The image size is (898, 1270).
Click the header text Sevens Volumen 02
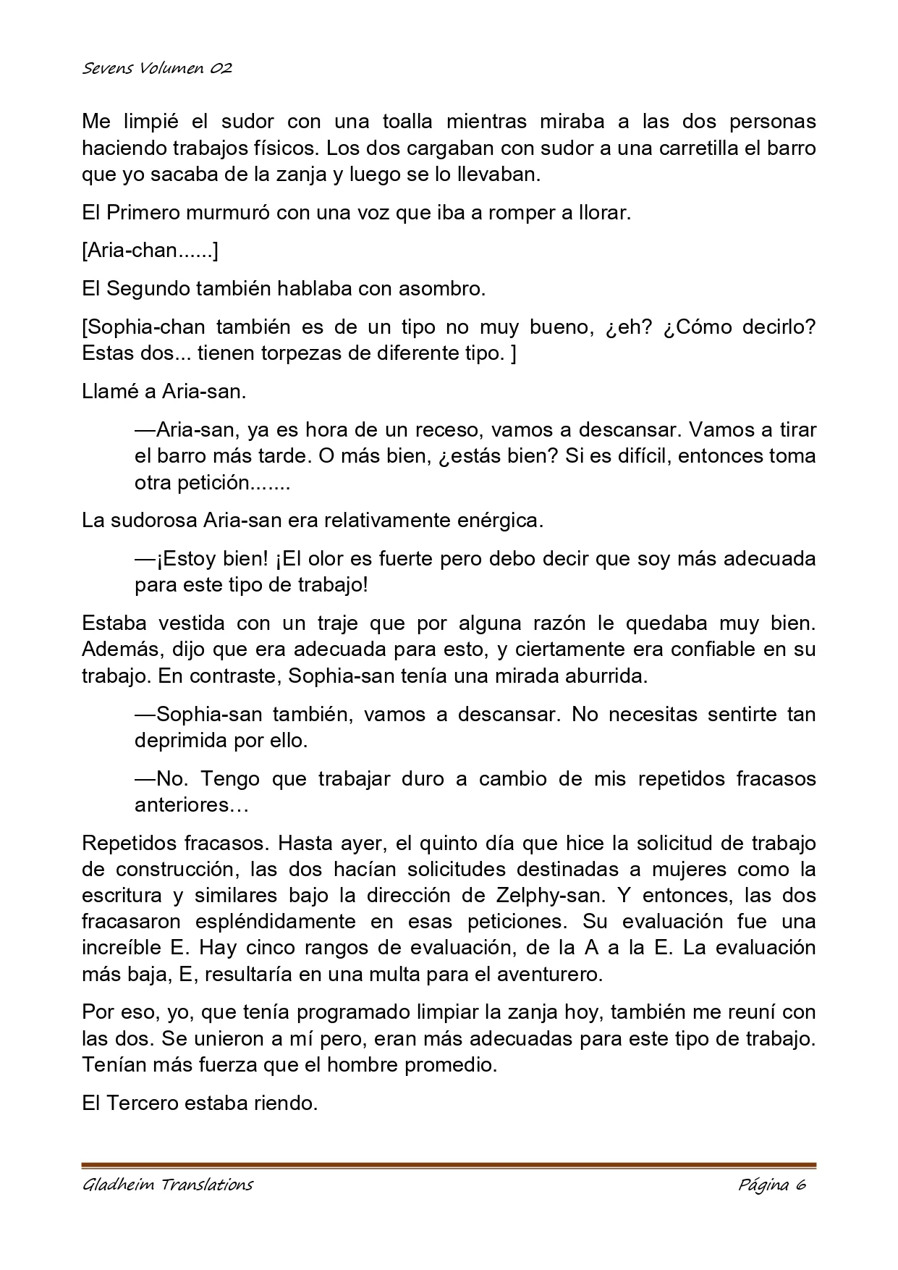(157, 69)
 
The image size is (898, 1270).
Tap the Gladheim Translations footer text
(167, 1185)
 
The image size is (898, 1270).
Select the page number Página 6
(772, 1185)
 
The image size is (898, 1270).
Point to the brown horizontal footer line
(449, 1166)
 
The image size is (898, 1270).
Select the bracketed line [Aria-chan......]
(151, 251)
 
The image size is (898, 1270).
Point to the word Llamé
(111, 392)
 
